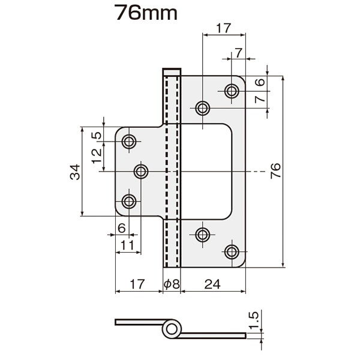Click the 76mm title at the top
(x=146, y=13)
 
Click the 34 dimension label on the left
(x=76, y=172)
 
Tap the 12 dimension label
(x=97, y=156)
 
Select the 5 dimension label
(x=97, y=135)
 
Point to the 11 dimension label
(x=127, y=245)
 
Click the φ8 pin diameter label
(x=172, y=284)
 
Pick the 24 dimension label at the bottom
(x=212, y=284)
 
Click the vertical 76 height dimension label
(x=275, y=170)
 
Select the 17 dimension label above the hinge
(x=223, y=28)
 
